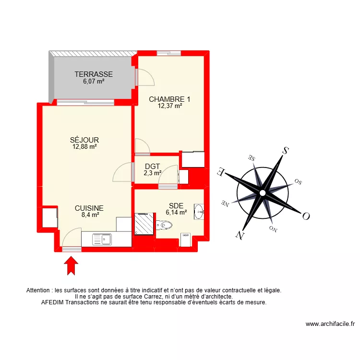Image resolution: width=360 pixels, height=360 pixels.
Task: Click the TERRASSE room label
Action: point(94,74)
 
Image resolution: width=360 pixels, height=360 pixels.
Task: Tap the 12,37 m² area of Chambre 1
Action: point(170,107)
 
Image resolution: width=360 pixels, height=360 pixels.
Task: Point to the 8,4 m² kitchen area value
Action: point(89,216)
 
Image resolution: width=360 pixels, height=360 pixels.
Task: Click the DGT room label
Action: point(152,166)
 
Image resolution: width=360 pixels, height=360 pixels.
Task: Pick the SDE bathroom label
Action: point(176,205)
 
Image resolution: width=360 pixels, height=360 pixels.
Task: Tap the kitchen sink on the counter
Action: point(101,239)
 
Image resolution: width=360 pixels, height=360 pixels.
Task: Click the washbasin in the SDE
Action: point(199,211)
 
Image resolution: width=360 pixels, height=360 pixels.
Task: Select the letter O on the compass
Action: point(305,216)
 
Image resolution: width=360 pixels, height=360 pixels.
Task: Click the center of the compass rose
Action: point(263,193)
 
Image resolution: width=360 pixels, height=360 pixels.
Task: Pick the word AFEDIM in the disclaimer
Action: point(54,303)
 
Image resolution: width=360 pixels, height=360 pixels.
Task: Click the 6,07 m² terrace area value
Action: point(94,82)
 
